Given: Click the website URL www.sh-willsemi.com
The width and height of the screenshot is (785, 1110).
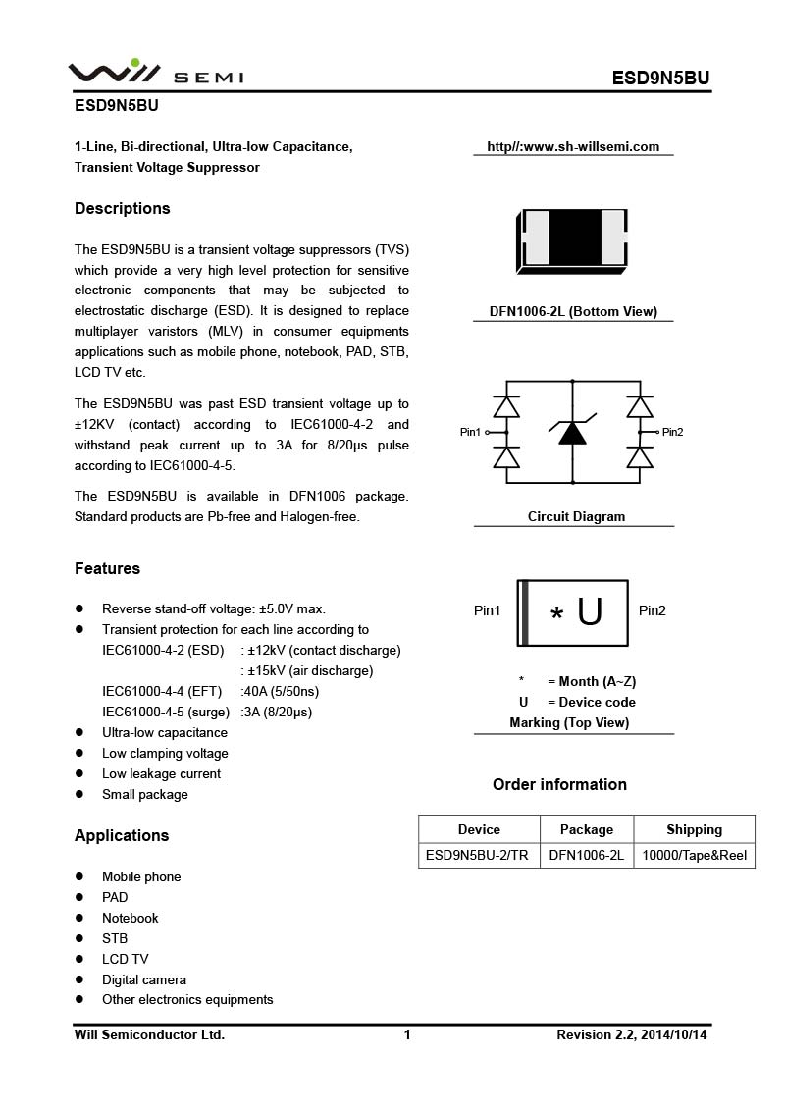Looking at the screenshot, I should pos(573,147).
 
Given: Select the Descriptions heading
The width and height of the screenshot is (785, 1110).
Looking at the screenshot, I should pos(123,208).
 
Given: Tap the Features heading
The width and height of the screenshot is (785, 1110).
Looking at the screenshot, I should pos(107,568).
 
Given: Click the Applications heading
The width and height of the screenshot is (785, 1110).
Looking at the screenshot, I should pos(122,835).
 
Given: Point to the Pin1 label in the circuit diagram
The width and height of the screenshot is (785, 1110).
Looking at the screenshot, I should pos(471,432).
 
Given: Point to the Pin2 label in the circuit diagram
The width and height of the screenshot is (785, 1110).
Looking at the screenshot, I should pos(673,432).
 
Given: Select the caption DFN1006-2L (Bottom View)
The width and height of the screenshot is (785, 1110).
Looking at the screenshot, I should pos(573,312).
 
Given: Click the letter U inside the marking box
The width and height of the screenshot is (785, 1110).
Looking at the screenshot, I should pos(590,611).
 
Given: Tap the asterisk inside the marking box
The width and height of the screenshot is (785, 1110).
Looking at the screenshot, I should pos(557,615).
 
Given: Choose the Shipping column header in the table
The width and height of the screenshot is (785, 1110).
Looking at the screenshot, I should pos(694,829).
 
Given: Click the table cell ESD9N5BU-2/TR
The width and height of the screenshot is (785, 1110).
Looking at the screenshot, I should pos(478,855).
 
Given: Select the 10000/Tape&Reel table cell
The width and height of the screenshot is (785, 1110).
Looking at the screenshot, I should pos(694,855).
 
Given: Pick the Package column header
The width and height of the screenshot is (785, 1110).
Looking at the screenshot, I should pos(586,829).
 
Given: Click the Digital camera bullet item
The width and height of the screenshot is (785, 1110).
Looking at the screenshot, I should pos(143,979).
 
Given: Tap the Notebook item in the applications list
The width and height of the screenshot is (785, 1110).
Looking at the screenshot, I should pos(130,918).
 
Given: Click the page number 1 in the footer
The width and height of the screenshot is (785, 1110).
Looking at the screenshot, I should pos(407,1034).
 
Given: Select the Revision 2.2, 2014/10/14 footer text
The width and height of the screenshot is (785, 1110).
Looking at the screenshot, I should pos(632,1034).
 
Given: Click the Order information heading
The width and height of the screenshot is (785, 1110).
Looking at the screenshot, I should pos(559,784).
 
